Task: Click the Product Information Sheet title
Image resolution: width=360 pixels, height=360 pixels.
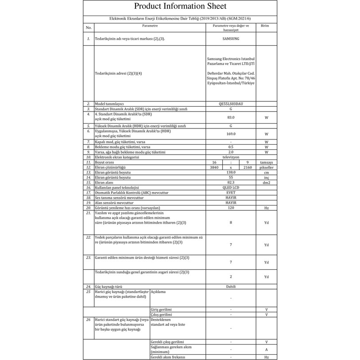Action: coord(180,6)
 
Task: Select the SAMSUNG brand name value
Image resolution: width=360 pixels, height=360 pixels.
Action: coord(231,39)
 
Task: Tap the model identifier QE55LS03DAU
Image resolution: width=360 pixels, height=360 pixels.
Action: coord(231,104)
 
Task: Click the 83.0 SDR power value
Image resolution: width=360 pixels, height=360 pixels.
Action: coord(231,117)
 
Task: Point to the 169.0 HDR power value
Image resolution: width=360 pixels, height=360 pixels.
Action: coord(231,133)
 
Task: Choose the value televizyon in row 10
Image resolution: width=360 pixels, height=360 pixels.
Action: coord(231,157)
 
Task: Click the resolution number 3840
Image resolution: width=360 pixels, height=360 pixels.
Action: coord(214,167)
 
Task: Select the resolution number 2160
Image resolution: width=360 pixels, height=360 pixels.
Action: coord(248,167)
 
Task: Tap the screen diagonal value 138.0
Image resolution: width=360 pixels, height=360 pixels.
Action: coord(231,172)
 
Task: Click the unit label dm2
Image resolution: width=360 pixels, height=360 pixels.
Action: coord(267,182)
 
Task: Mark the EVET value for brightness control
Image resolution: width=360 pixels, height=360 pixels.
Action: coord(231,193)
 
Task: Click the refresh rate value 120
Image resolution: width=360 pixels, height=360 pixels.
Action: coord(231,208)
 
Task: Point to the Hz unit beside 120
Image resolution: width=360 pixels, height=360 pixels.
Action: coord(267,208)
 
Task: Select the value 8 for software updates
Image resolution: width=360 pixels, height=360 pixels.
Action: coord(231,222)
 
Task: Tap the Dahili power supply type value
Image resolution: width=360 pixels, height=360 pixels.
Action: coord(231,286)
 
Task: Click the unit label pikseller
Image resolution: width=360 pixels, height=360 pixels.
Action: coord(267,167)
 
